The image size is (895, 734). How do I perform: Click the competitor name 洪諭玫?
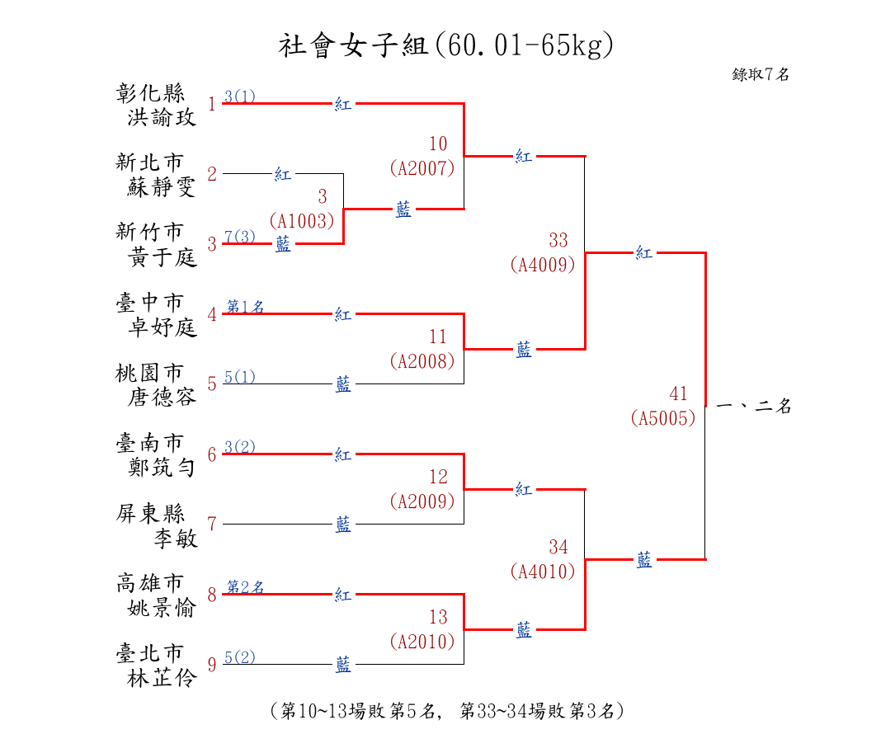[x=162, y=117]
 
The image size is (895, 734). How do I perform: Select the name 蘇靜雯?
[x=162, y=187]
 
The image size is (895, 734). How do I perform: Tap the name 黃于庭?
[x=162, y=257]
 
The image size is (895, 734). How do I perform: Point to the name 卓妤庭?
[x=162, y=327]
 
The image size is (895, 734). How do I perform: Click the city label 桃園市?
[x=150, y=373]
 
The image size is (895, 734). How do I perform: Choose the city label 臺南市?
[x=150, y=443]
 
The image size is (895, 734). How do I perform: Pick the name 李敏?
[x=176, y=538]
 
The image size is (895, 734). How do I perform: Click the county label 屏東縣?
[x=150, y=513]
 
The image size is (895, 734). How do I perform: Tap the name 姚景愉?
[x=162, y=608]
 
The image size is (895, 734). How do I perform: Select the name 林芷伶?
[x=162, y=678]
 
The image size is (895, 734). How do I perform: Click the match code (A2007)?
[x=422, y=168]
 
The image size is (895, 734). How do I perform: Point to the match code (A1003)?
[x=302, y=220]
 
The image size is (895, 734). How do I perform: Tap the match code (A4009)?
[x=542, y=265]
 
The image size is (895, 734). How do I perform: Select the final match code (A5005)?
[x=663, y=418]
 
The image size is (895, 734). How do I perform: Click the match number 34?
[x=558, y=547]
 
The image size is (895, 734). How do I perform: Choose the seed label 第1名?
[x=246, y=308]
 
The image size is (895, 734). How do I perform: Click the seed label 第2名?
[x=246, y=587]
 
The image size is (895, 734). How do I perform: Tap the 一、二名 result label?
[x=754, y=407]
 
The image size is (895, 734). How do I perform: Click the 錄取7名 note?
[x=761, y=74]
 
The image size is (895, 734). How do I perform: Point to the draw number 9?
[x=212, y=665]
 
